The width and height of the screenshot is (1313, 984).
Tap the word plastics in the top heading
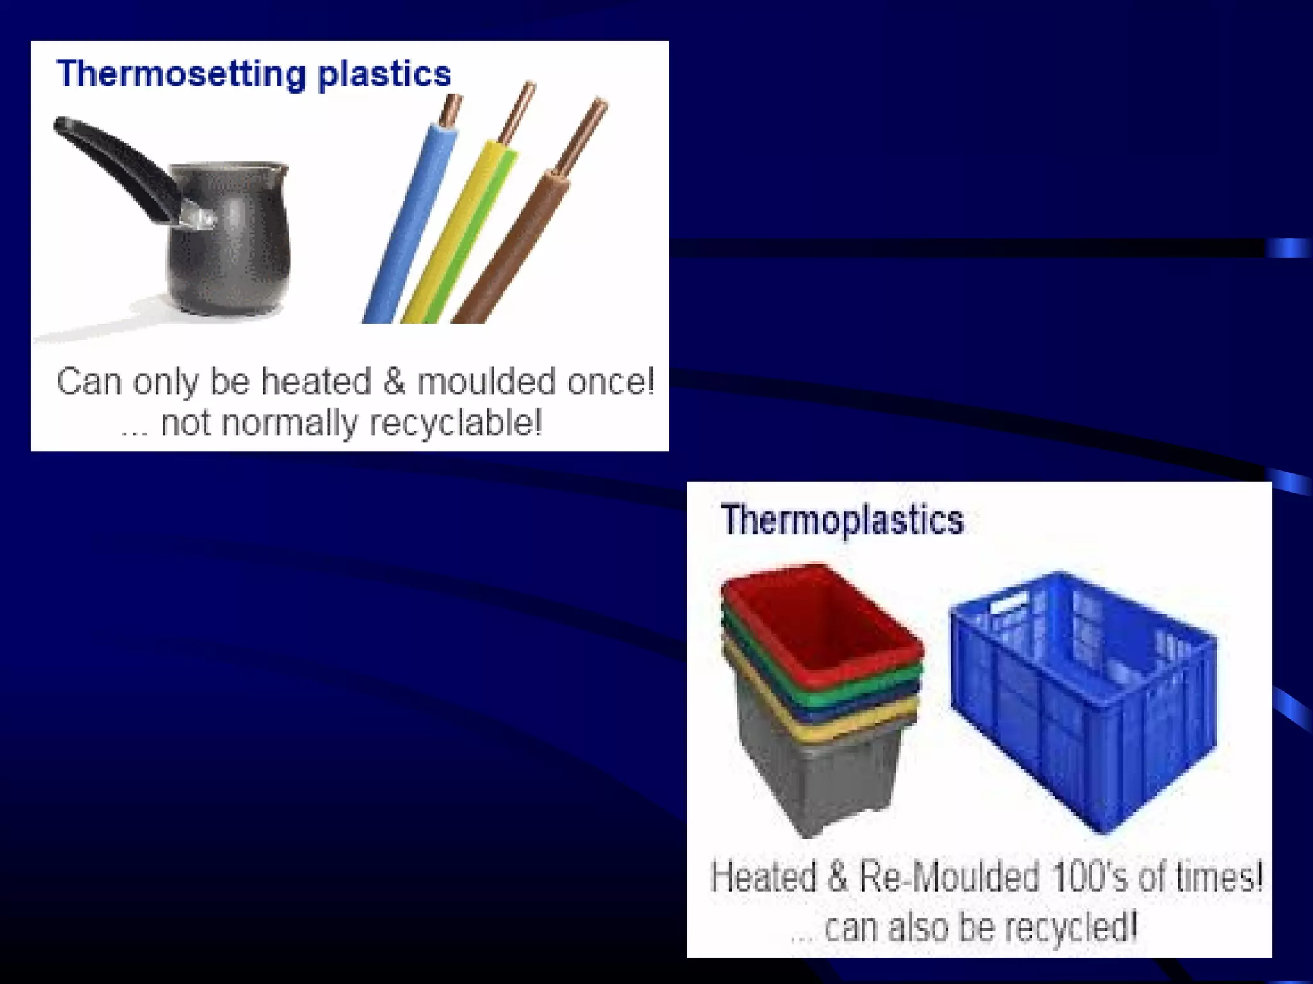[x=384, y=75]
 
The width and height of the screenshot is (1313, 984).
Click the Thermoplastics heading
[x=842, y=520]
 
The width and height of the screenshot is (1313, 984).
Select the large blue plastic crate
[x=1083, y=705]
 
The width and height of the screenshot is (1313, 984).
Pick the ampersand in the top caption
[x=394, y=382]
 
